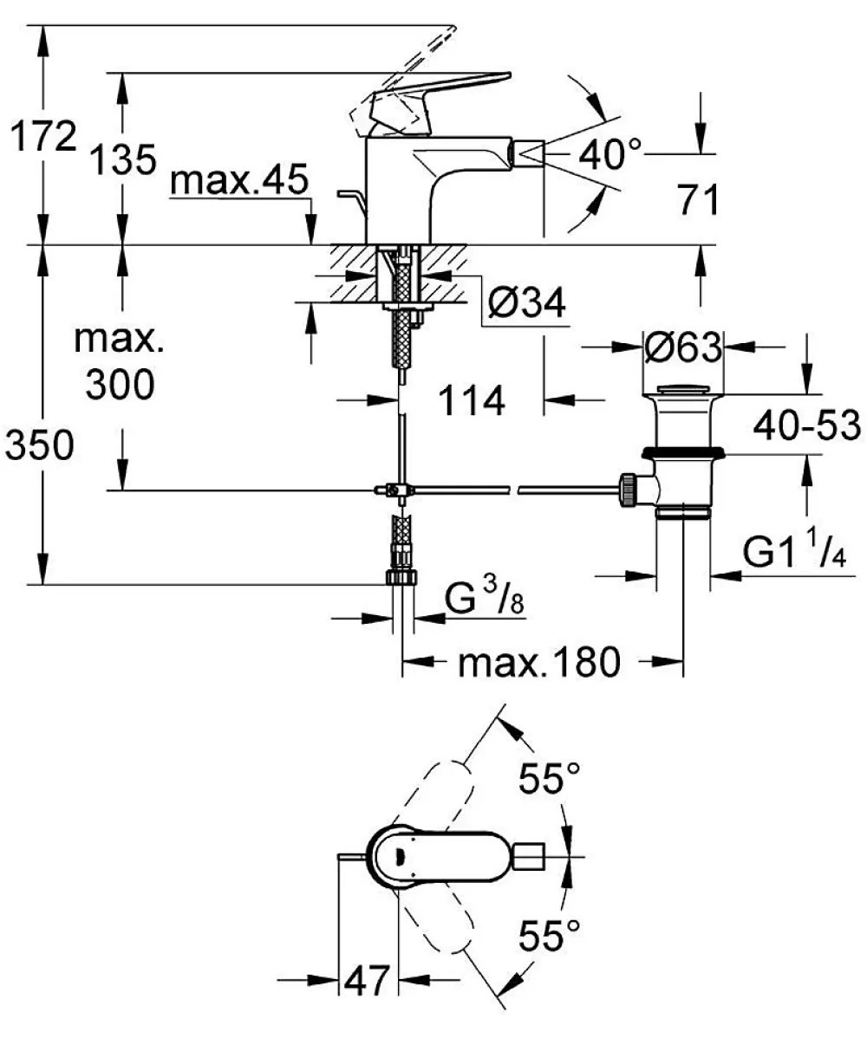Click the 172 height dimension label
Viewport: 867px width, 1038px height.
pos(43,136)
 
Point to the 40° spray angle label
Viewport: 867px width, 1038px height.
pos(610,153)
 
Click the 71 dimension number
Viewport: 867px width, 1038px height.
pos(698,199)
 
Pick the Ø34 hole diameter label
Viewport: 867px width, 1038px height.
pos(527,304)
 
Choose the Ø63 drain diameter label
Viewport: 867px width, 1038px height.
pos(683,347)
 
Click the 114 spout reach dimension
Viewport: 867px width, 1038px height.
pos(472,399)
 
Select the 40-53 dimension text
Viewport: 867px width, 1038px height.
pos(806,425)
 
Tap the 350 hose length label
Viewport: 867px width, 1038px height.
pos(40,444)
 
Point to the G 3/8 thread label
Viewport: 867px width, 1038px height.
pos(484,599)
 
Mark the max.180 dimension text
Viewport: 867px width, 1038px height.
pos(539,661)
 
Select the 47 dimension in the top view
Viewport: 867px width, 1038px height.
pos(368,980)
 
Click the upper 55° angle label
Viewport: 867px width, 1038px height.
pos(549,777)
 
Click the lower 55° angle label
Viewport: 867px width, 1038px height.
pos(549,935)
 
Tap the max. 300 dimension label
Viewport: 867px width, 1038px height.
pos(120,361)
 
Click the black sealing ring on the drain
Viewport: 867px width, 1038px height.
pos(683,453)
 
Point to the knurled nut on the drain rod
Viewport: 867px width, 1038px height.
pos(627,490)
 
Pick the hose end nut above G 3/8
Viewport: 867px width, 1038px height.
pos(401,576)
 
